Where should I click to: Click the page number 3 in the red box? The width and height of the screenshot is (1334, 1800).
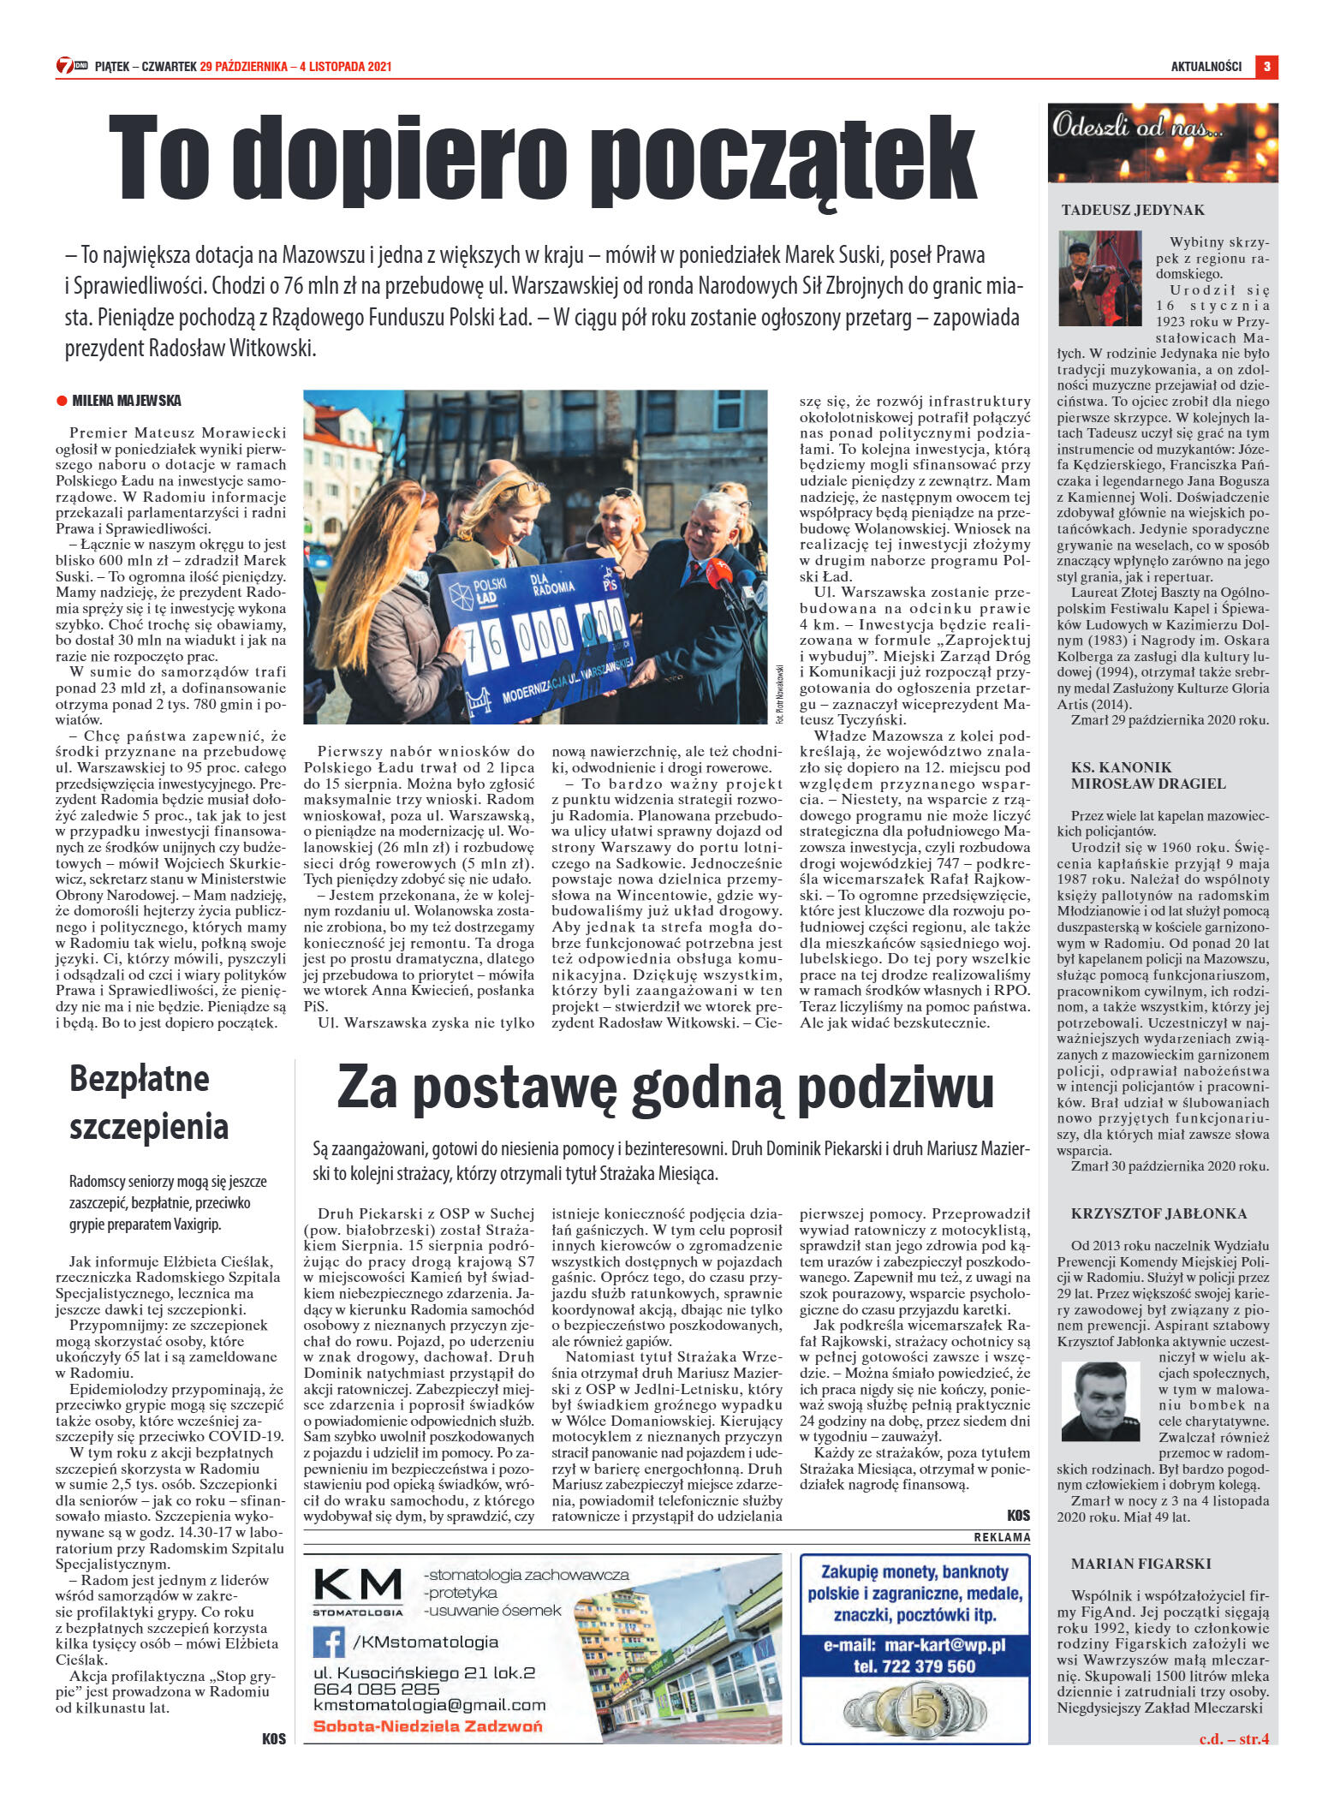1266,66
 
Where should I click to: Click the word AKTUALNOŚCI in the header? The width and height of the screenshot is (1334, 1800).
1206,67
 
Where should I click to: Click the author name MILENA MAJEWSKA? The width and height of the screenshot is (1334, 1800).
127,401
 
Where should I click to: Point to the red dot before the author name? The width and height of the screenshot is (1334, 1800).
62,401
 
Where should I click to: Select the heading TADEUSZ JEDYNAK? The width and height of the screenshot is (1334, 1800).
1133,210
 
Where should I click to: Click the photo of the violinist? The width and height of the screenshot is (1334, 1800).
1099,277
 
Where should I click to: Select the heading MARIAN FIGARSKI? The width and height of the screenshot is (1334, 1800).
1140,1563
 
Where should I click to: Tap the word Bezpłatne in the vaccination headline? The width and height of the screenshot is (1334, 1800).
140,1078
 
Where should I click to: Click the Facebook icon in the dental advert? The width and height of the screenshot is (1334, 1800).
329,1642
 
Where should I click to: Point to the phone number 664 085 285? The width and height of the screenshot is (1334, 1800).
377,1689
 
